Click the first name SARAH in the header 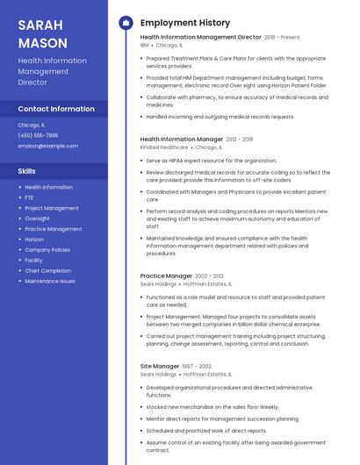click(x=39, y=25)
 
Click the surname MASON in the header click(x=42, y=43)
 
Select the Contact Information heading click(x=56, y=109)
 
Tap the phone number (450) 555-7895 click(x=38, y=135)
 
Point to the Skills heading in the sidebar click(x=26, y=171)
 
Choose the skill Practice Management click(x=53, y=229)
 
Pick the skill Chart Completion click(x=47, y=271)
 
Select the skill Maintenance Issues click(x=50, y=282)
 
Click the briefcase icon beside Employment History click(x=126, y=23)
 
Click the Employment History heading click(x=185, y=23)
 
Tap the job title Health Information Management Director click(x=200, y=38)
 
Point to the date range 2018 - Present click(x=282, y=38)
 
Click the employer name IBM click(x=144, y=45)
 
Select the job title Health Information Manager click(x=182, y=139)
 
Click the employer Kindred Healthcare click(x=163, y=147)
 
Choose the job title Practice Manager click(x=166, y=275)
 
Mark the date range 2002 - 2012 click(x=209, y=275)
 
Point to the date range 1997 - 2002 click(x=197, y=366)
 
